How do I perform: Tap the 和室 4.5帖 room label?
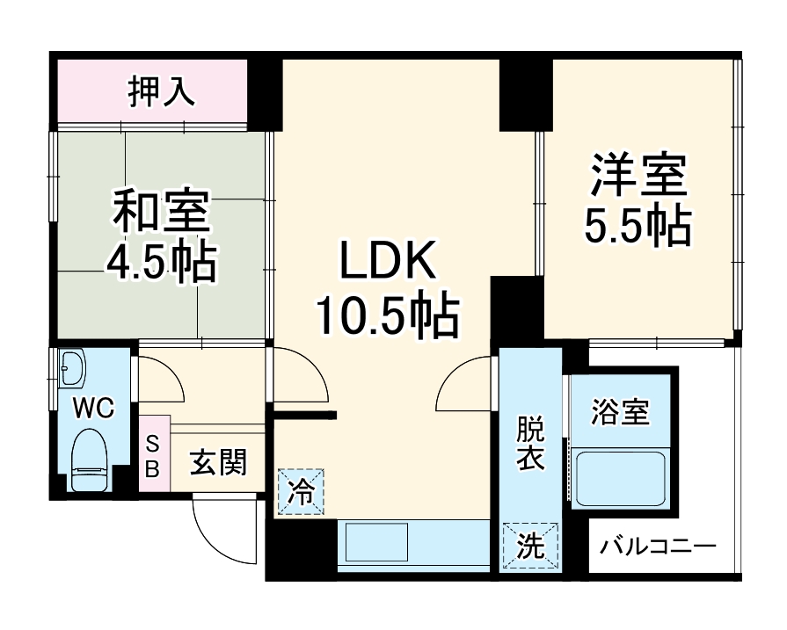pos(161,235)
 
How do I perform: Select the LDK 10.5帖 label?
pos(388,289)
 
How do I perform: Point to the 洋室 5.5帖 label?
pos(638,200)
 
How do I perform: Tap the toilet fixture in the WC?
pos(89,459)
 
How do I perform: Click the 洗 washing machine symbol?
pos(530,546)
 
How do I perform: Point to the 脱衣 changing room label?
pos(530,445)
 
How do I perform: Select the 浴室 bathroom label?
pos(621,412)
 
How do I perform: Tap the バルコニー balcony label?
pos(658,546)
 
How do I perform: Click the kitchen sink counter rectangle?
pos(376,543)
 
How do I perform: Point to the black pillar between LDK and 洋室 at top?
pos(524,95)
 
